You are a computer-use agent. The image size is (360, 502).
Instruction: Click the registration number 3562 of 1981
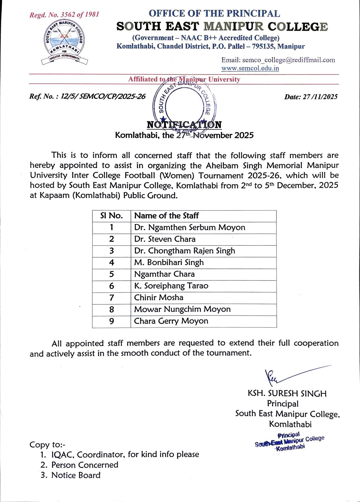point(64,15)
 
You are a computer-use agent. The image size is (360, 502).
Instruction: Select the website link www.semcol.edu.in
point(250,68)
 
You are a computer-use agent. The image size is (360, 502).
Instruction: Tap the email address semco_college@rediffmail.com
point(278,60)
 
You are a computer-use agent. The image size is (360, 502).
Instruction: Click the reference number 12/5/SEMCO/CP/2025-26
point(87,97)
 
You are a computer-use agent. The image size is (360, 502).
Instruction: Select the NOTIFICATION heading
point(184,125)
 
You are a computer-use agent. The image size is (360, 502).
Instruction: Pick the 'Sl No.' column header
point(111,216)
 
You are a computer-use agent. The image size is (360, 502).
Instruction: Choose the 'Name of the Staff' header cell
point(166,216)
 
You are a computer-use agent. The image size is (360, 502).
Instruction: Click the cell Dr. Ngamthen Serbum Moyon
point(190,227)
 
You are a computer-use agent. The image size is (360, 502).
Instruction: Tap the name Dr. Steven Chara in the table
point(165,239)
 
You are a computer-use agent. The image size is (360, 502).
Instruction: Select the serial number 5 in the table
point(111,274)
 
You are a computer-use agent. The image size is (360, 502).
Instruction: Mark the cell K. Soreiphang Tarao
point(171,286)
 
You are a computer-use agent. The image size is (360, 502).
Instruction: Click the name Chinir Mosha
point(159,298)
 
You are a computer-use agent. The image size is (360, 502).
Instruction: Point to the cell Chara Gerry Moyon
point(171,321)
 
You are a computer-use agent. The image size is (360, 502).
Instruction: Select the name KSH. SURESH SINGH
point(287,393)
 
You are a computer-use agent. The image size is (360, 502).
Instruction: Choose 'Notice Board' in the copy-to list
point(76,475)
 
